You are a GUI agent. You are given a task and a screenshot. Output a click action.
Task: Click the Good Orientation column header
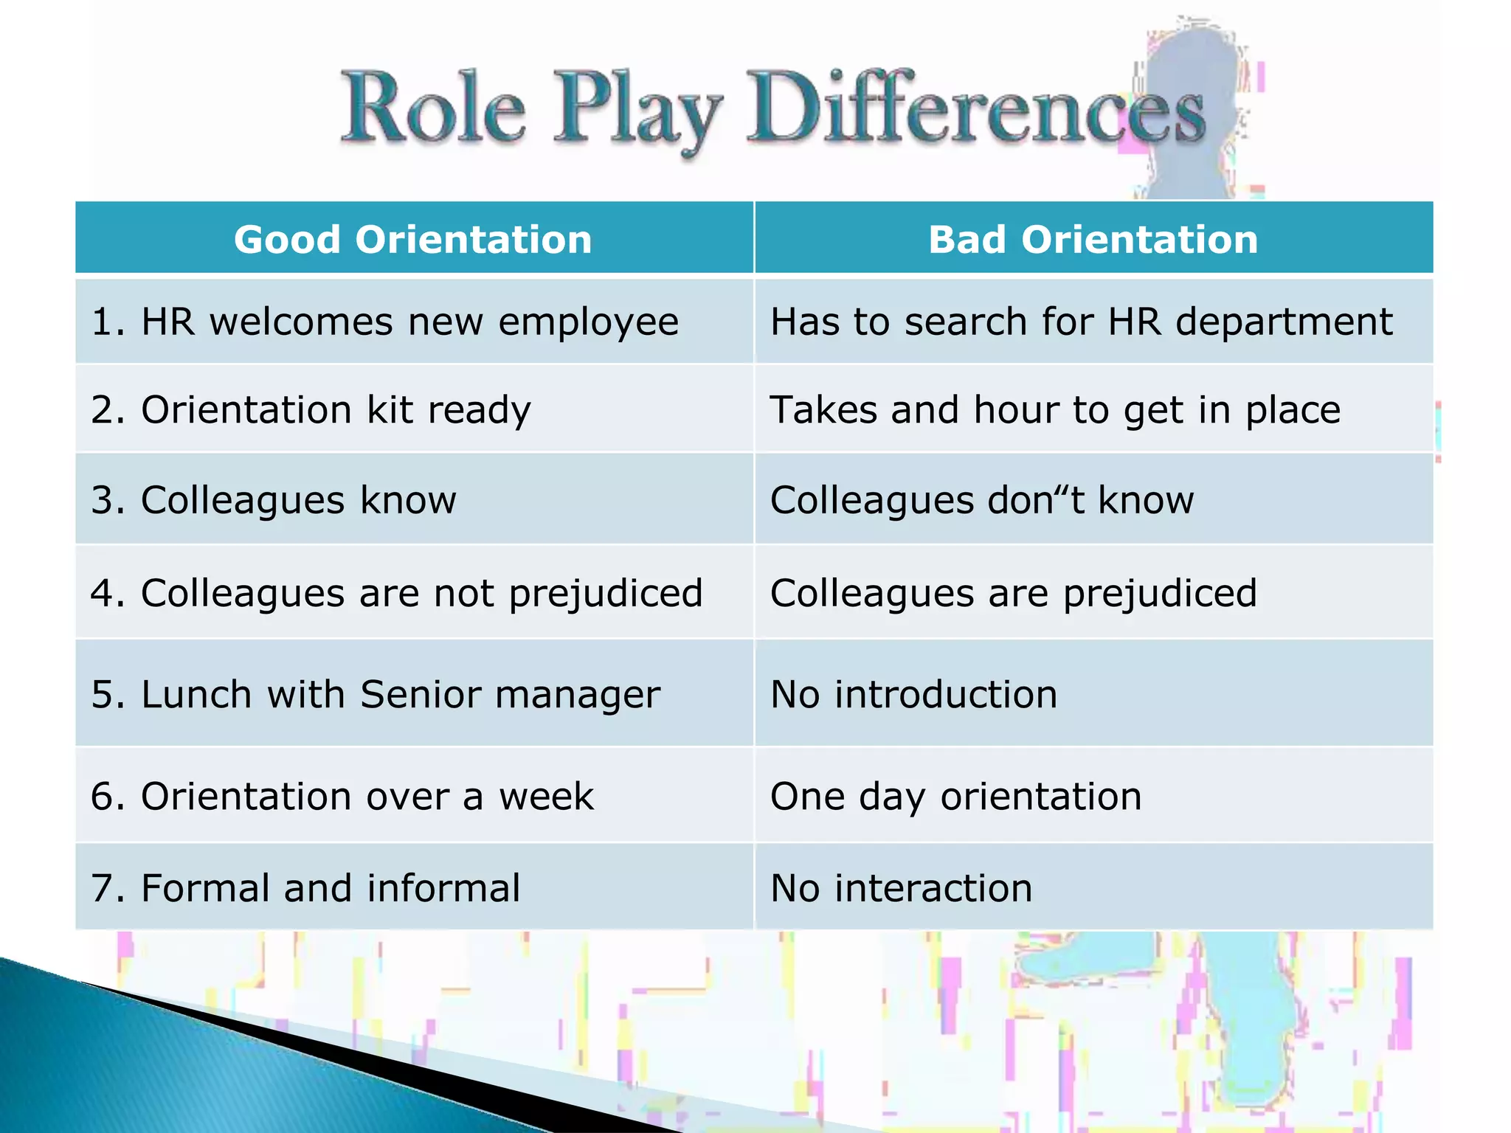(x=413, y=240)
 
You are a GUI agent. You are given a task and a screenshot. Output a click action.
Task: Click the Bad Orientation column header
(x=1093, y=240)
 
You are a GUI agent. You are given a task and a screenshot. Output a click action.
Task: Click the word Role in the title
(x=434, y=109)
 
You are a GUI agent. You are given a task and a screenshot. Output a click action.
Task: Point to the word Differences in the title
(x=975, y=109)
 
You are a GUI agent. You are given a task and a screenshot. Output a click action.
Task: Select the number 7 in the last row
(x=102, y=888)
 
